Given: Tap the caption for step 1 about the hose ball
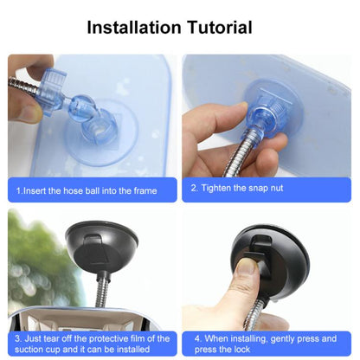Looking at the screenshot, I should [92, 190].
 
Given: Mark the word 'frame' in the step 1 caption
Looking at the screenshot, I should [144, 190].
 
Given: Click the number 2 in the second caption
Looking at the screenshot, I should [194, 188].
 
